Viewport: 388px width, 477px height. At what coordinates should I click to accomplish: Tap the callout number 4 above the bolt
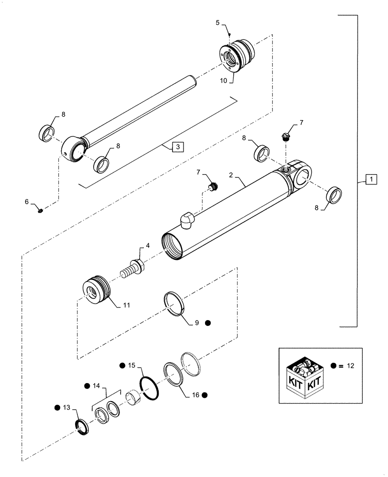148,246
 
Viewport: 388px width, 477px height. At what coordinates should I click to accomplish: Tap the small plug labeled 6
41,209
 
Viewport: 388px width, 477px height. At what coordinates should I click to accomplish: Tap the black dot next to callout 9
208,323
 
